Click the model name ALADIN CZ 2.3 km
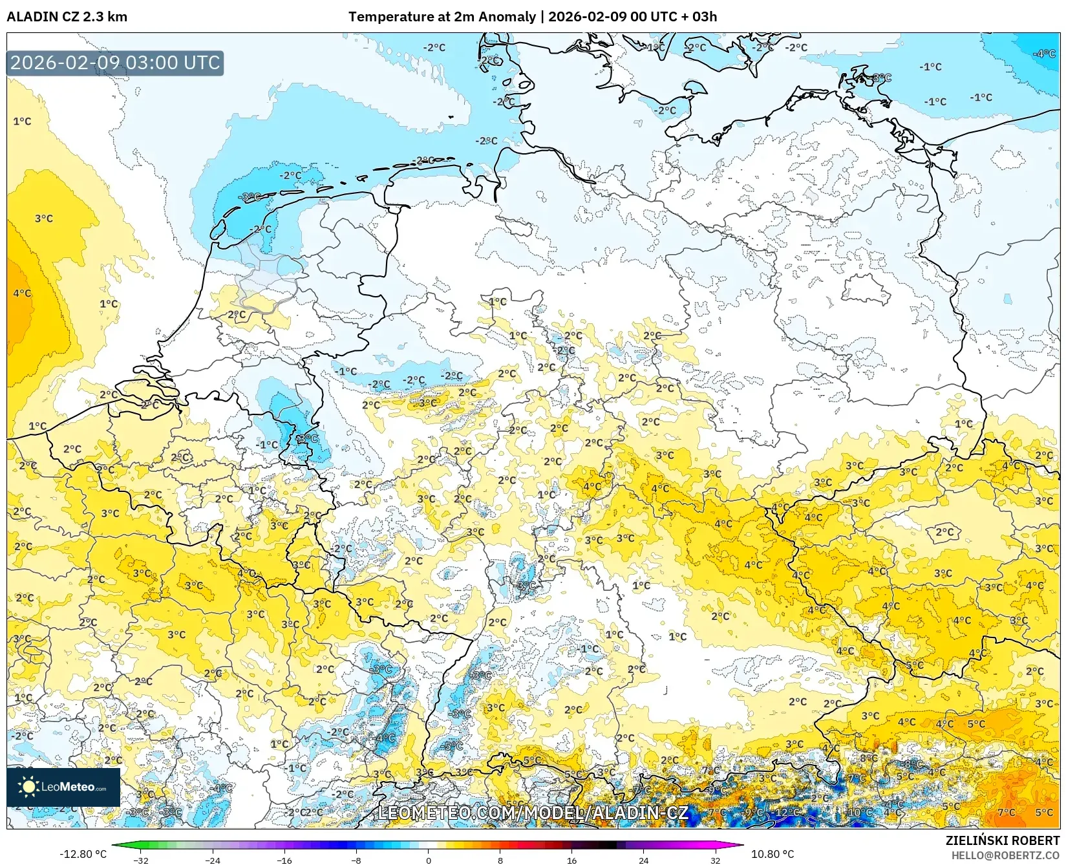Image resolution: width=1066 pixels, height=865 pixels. point(67,17)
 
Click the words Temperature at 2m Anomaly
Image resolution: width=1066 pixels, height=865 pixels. point(443,17)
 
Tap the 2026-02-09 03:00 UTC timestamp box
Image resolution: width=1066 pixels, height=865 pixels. point(115,63)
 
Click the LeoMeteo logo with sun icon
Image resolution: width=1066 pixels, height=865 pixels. point(63,787)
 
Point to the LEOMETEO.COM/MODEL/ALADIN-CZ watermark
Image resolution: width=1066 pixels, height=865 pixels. point(533,813)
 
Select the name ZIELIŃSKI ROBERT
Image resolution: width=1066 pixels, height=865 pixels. point(1002,840)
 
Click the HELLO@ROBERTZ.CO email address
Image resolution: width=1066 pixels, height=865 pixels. point(1005,855)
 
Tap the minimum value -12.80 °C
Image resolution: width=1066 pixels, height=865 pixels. point(83,854)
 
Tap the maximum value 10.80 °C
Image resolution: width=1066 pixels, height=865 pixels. point(772,854)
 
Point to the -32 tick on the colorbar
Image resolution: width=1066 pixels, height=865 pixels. point(141,860)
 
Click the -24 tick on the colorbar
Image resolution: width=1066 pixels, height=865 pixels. point(213,860)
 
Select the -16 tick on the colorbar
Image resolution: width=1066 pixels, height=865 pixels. point(284,860)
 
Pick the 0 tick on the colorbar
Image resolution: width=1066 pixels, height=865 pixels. point(428,860)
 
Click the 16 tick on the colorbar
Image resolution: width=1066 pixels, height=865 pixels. point(571,860)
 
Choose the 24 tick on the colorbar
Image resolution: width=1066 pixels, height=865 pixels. point(643,860)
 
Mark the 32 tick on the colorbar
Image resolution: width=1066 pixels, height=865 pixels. point(715,860)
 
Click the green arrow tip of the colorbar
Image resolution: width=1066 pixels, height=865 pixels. point(114,845)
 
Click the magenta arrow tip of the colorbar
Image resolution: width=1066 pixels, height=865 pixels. point(741,845)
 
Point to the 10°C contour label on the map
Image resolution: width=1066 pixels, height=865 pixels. point(860,812)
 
